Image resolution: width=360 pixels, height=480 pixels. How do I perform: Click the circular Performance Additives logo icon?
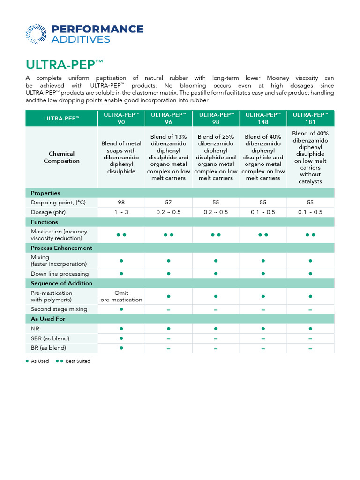36,34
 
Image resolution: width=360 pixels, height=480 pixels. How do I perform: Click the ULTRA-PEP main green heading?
64,64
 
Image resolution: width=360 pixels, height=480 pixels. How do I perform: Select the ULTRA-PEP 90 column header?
121,118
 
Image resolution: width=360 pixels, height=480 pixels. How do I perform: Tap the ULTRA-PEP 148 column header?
263,118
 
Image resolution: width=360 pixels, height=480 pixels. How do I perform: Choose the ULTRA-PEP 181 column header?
310,118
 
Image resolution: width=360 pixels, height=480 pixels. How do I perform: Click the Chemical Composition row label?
61,157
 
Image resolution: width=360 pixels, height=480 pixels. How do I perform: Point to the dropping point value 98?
121,202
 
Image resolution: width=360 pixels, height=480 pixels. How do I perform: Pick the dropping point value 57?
168,202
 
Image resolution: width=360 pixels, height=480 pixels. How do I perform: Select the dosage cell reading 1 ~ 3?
121,212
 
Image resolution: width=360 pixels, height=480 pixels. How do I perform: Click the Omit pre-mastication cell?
121,296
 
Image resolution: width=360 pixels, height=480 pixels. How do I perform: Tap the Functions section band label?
45,222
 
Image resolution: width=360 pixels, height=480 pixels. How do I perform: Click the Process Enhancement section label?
61,248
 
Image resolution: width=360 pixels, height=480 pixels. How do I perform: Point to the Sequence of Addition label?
61,283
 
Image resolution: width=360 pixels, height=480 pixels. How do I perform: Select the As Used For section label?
48,319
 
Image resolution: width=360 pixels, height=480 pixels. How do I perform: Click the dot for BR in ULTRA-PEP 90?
121,348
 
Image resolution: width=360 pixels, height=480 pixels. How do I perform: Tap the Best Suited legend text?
78,361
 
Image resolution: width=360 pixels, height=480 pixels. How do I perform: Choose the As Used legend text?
40,361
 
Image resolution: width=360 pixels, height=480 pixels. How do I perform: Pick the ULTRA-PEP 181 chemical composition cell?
310,157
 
